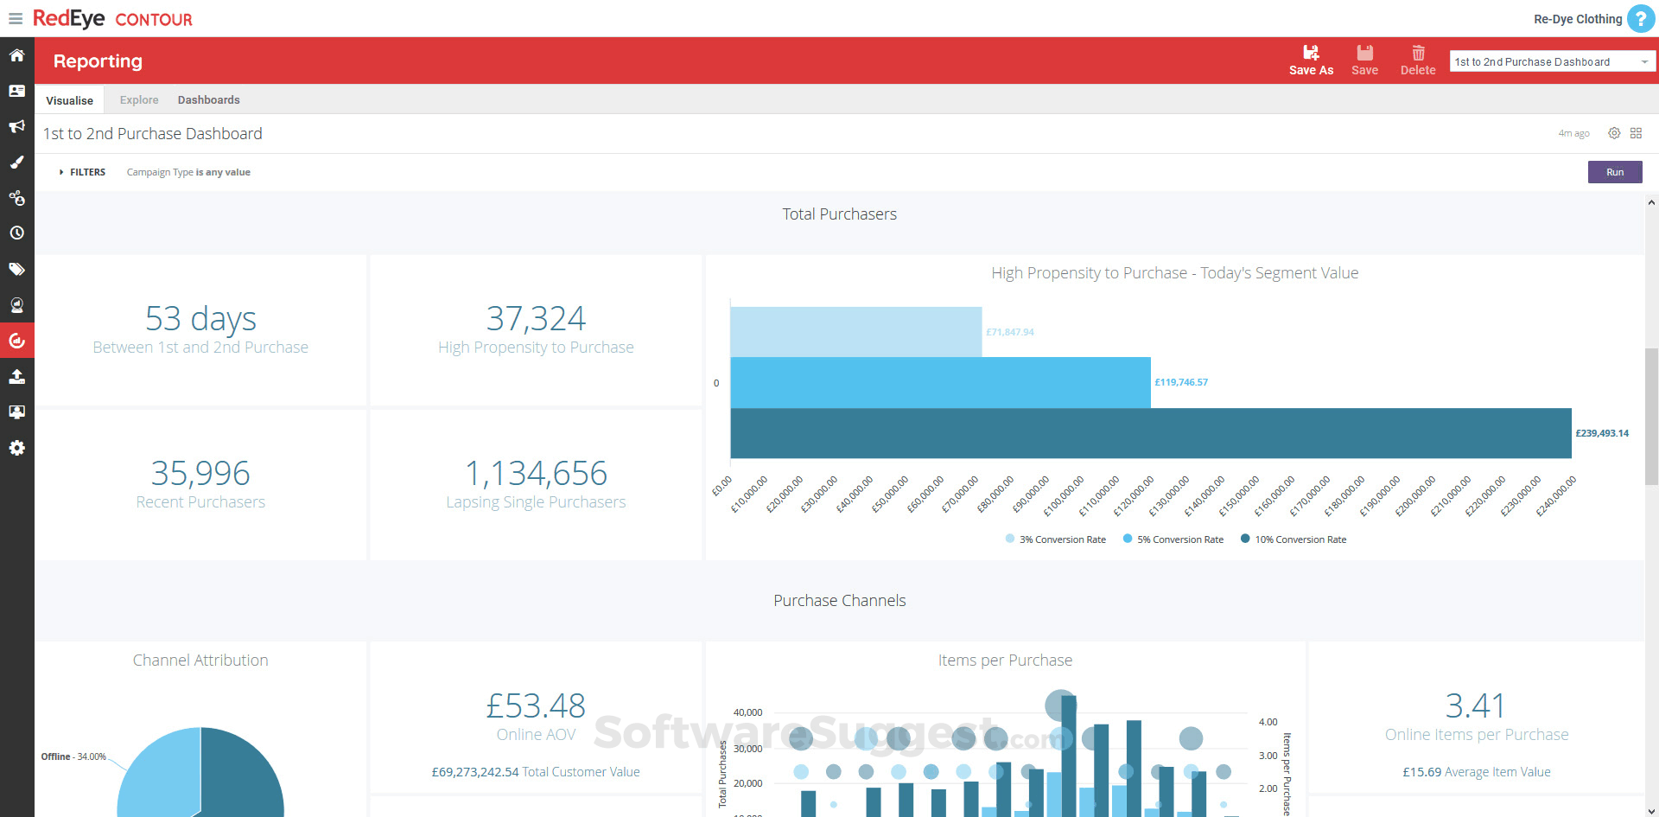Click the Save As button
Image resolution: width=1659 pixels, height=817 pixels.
click(x=1311, y=61)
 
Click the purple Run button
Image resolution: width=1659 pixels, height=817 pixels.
click(x=1614, y=172)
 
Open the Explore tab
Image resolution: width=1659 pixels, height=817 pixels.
click(x=139, y=100)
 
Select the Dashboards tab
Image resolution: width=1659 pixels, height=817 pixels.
click(x=208, y=100)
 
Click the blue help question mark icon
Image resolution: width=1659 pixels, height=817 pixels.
click(x=1640, y=18)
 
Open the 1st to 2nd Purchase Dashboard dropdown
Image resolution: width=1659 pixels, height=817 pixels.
click(x=1552, y=61)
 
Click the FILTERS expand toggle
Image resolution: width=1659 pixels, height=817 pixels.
click(x=82, y=172)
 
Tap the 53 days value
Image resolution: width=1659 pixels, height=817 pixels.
click(x=200, y=319)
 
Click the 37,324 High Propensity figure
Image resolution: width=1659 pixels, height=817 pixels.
click(x=536, y=319)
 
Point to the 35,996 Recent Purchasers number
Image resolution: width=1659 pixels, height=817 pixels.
click(x=200, y=473)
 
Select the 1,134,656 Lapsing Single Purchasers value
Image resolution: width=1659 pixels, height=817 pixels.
click(x=536, y=473)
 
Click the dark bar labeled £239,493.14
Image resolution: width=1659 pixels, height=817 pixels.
click(x=1150, y=433)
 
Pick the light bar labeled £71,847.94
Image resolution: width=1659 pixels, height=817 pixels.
click(x=855, y=332)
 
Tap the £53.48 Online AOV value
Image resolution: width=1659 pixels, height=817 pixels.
click(x=536, y=706)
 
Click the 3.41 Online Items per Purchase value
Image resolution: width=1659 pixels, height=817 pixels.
click(x=1476, y=706)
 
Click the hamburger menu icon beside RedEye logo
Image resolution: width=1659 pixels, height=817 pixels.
click(x=16, y=19)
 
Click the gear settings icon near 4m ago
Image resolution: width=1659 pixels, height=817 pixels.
click(x=1613, y=133)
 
